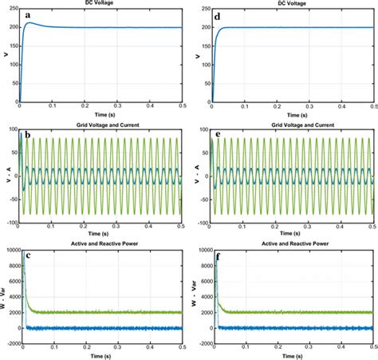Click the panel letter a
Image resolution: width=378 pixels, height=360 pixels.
coord(28,15)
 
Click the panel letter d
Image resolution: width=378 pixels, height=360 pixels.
coord(219,15)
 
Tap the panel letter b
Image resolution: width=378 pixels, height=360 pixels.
coord(28,135)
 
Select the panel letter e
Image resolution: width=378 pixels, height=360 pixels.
coord(219,135)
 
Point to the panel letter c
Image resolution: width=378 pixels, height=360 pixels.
coord(28,255)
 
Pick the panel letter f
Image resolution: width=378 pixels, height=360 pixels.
coord(219,255)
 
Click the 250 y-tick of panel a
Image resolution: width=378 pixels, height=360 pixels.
coord(11,8)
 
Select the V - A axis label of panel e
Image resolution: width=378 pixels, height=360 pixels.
coord(194,172)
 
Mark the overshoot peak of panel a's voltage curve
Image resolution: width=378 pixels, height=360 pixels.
coord(30,22)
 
